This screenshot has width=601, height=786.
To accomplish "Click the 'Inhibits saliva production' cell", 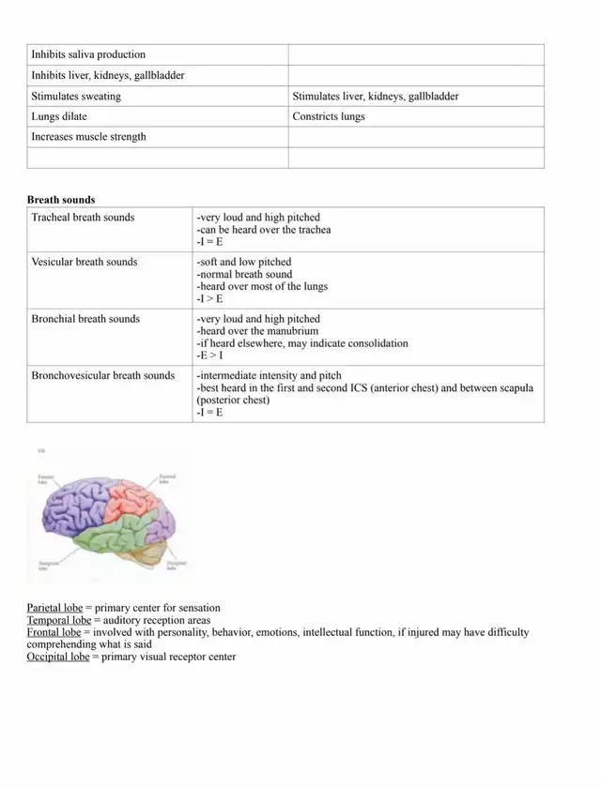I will (88, 54).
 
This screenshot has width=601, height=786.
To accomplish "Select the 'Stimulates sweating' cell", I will (76, 96).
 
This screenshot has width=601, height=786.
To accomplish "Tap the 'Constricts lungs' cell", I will (329, 116).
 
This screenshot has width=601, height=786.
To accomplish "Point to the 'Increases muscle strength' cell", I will (88, 137).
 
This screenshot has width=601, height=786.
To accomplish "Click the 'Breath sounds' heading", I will (61, 200).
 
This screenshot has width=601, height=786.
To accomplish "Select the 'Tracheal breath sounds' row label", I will (83, 218).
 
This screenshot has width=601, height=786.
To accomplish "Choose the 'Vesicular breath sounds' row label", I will (85, 263).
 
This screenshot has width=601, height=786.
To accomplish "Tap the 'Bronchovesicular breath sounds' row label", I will (103, 376).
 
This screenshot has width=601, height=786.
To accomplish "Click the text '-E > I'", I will (209, 355).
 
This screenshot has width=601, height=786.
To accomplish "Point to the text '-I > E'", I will (209, 299).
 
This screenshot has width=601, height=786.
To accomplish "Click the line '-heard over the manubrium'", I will (257, 331).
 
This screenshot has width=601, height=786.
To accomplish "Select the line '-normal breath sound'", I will (244, 275).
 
